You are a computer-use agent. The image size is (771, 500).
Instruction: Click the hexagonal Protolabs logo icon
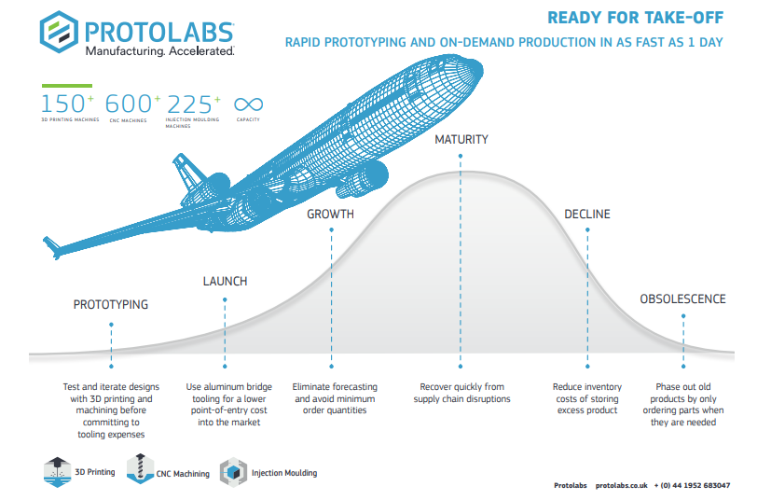tap(59, 32)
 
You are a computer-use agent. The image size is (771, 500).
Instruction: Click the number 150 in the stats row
tap(63, 104)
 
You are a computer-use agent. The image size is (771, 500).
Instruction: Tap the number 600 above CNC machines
tap(129, 104)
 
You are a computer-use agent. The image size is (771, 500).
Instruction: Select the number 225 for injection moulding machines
tap(190, 104)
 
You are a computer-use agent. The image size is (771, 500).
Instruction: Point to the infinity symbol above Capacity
tap(248, 104)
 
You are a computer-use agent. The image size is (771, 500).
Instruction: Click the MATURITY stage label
tap(461, 140)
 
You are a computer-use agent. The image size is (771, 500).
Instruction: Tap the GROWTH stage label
tap(330, 214)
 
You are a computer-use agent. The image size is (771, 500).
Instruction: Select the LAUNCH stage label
tap(226, 282)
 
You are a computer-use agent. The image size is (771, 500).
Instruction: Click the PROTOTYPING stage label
tap(111, 305)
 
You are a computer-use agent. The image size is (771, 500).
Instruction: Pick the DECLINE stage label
tap(587, 214)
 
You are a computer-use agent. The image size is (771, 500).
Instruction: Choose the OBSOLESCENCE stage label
tap(682, 299)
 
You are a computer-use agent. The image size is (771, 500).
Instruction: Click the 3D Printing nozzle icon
tap(57, 472)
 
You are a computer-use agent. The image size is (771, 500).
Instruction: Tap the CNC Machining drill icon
tap(140, 468)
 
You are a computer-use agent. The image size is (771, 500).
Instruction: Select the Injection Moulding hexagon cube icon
tap(233, 472)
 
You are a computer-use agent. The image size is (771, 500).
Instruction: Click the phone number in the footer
tap(692, 485)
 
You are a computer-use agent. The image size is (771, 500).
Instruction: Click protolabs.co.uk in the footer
tap(622, 485)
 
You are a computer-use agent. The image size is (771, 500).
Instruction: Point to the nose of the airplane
tap(478, 69)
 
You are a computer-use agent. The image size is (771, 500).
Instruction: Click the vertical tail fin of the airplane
tap(186, 173)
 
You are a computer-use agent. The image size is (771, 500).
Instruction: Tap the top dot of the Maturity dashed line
tap(461, 156)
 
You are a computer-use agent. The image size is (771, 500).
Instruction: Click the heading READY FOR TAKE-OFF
tap(635, 18)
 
